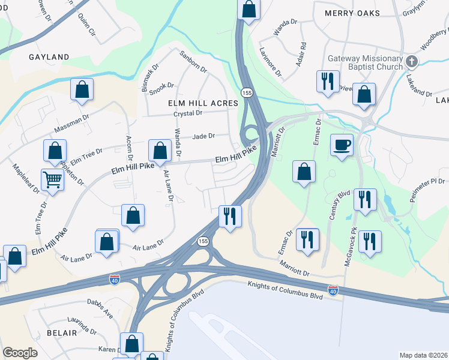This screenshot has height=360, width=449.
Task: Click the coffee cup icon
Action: click(x=342, y=145)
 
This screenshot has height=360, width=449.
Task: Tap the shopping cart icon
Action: click(x=53, y=179)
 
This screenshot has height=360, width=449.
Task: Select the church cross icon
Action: click(x=411, y=61)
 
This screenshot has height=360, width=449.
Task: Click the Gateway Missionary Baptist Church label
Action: click(x=364, y=64)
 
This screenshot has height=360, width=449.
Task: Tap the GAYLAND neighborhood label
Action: click(x=49, y=57)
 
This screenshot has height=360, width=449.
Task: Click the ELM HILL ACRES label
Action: click(x=202, y=103)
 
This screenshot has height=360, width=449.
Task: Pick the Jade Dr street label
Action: click(x=203, y=136)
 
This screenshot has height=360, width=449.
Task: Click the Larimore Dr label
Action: click(x=270, y=64)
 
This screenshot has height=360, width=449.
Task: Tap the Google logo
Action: click(x=20, y=353)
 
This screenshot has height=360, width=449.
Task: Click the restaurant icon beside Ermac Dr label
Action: click(x=307, y=239)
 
